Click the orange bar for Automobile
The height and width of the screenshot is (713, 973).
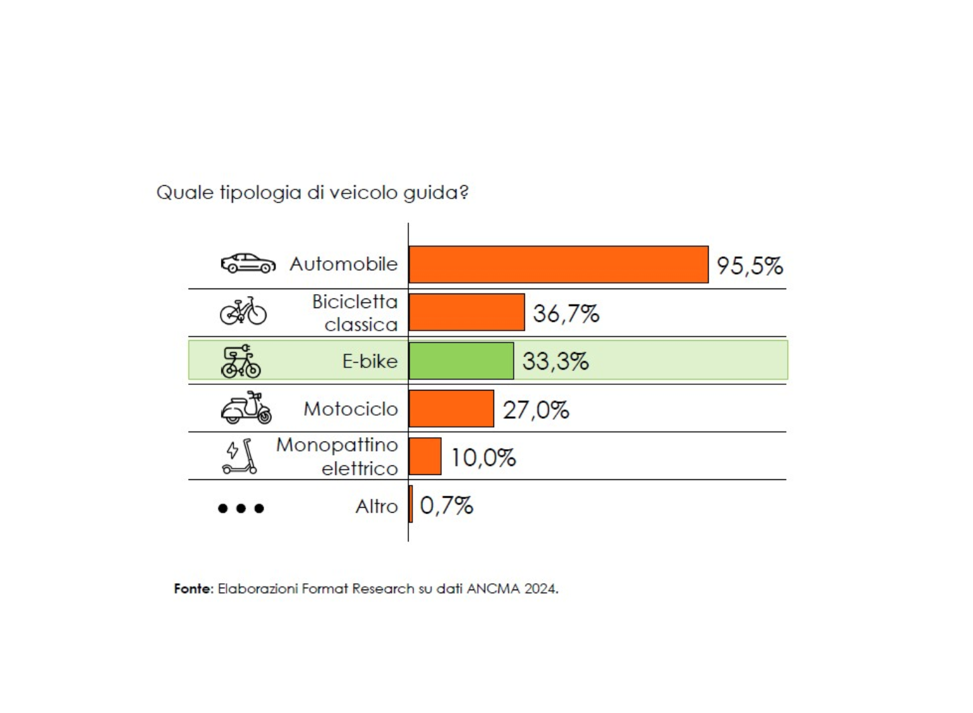pyautogui.click(x=558, y=265)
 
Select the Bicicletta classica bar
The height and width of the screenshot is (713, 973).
pyautogui.click(x=466, y=312)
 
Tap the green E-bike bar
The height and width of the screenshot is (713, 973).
pyautogui.click(x=461, y=361)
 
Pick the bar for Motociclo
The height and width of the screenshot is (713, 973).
pyautogui.click(x=451, y=409)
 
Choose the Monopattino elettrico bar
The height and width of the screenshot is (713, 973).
pyautogui.click(x=425, y=457)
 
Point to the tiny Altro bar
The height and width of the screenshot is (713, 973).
pyautogui.click(x=411, y=504)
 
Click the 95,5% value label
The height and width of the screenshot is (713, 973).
pyautogui.click(x=750, y=266)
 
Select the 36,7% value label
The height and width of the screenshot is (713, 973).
pyautogui.click(x=566, y=313)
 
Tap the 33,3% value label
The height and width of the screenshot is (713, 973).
pyautogui.click(x=555, y=361)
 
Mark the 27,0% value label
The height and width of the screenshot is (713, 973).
pyautogui.click(x=536, y=410)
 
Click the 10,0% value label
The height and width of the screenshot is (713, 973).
pyautogui.click(x=483, y=458)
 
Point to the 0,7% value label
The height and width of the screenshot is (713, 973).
pyautogui.click(x=446, y=505)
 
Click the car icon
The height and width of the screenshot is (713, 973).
pyautogui.click(x=248, y=263)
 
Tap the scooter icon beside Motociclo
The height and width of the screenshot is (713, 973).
pyautogui.click(x=246, y=408)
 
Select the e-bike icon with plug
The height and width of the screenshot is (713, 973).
pyautogui.click(x=241, y=361)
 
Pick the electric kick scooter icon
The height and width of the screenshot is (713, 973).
pyautogui.click(x=240, y=457)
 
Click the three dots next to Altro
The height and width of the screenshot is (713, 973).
pyautogui.click(x=241, y=508)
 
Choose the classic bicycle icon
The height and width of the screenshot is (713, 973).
pyautogui.click(x=243, y=311)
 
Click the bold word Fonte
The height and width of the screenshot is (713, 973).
pyautogui.click(x=193, y=589)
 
